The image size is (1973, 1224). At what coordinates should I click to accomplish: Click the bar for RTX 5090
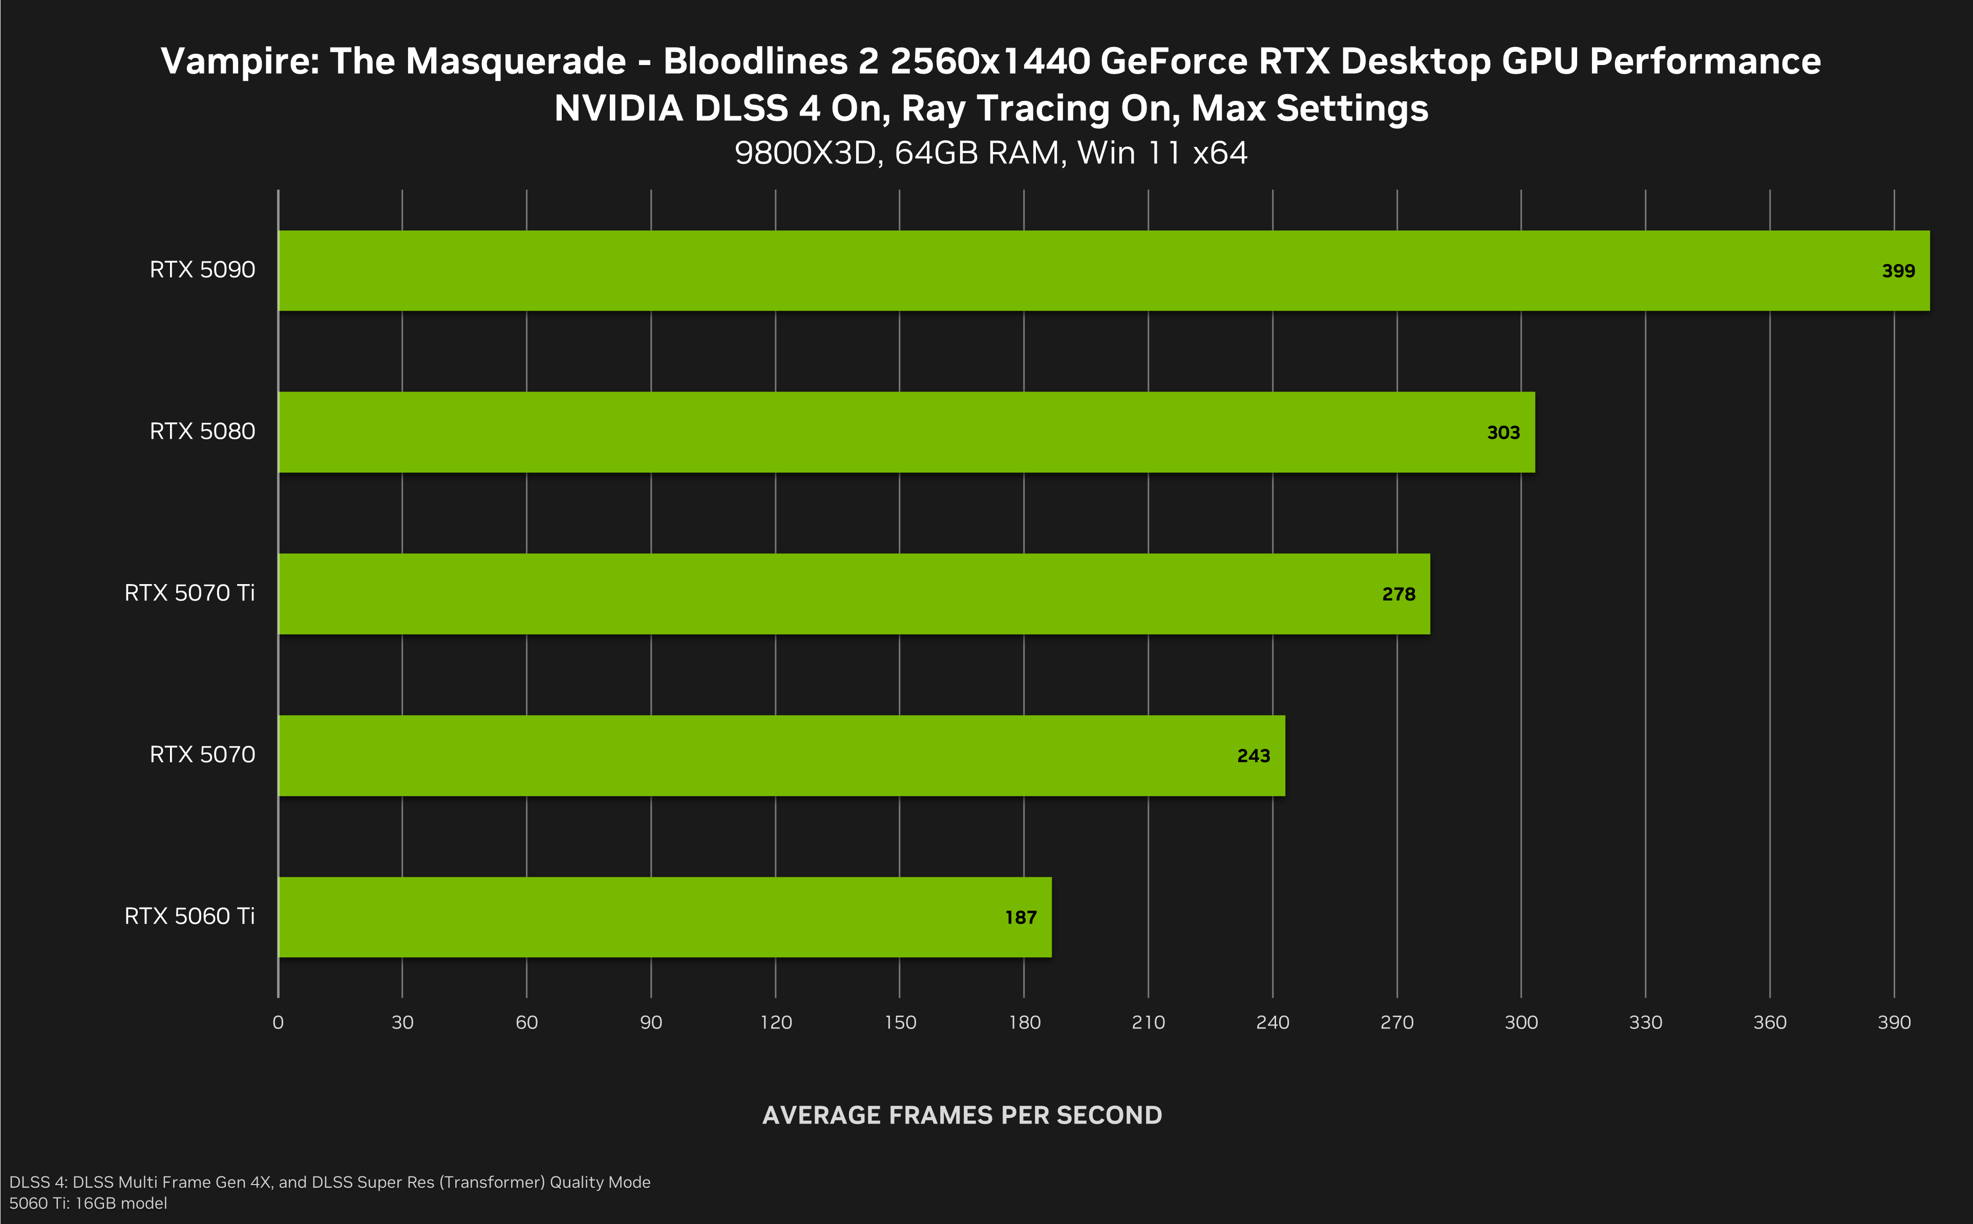point(1104,270)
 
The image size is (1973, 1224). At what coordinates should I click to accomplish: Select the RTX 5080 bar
point(906,432)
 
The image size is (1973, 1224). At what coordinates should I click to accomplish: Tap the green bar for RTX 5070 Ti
point(853,594)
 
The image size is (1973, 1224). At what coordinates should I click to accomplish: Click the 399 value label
point(1898,271)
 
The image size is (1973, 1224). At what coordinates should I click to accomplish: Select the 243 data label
point(1253,756)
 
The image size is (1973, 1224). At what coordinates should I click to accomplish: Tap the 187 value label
point(1020,918)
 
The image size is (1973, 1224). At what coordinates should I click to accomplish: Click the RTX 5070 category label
point(202,755)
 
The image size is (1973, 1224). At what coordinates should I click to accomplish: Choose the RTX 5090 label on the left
point(202,270)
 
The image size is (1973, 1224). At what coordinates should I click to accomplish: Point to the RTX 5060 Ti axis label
point(189,916)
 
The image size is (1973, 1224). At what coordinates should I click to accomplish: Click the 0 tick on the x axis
point(278,1022)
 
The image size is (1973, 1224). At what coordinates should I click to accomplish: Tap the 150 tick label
point(900,1022)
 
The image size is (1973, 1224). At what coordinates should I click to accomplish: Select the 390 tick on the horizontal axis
point(1894,1022)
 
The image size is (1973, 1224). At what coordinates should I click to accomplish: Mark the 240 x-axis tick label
point(1272,1022)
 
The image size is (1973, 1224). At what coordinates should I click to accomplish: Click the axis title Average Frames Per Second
point(962,1115)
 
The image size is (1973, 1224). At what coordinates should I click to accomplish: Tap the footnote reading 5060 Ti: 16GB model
point(88,1204)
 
